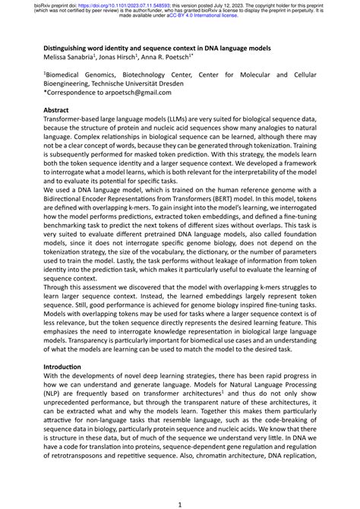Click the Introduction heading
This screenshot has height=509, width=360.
point(66,365)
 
